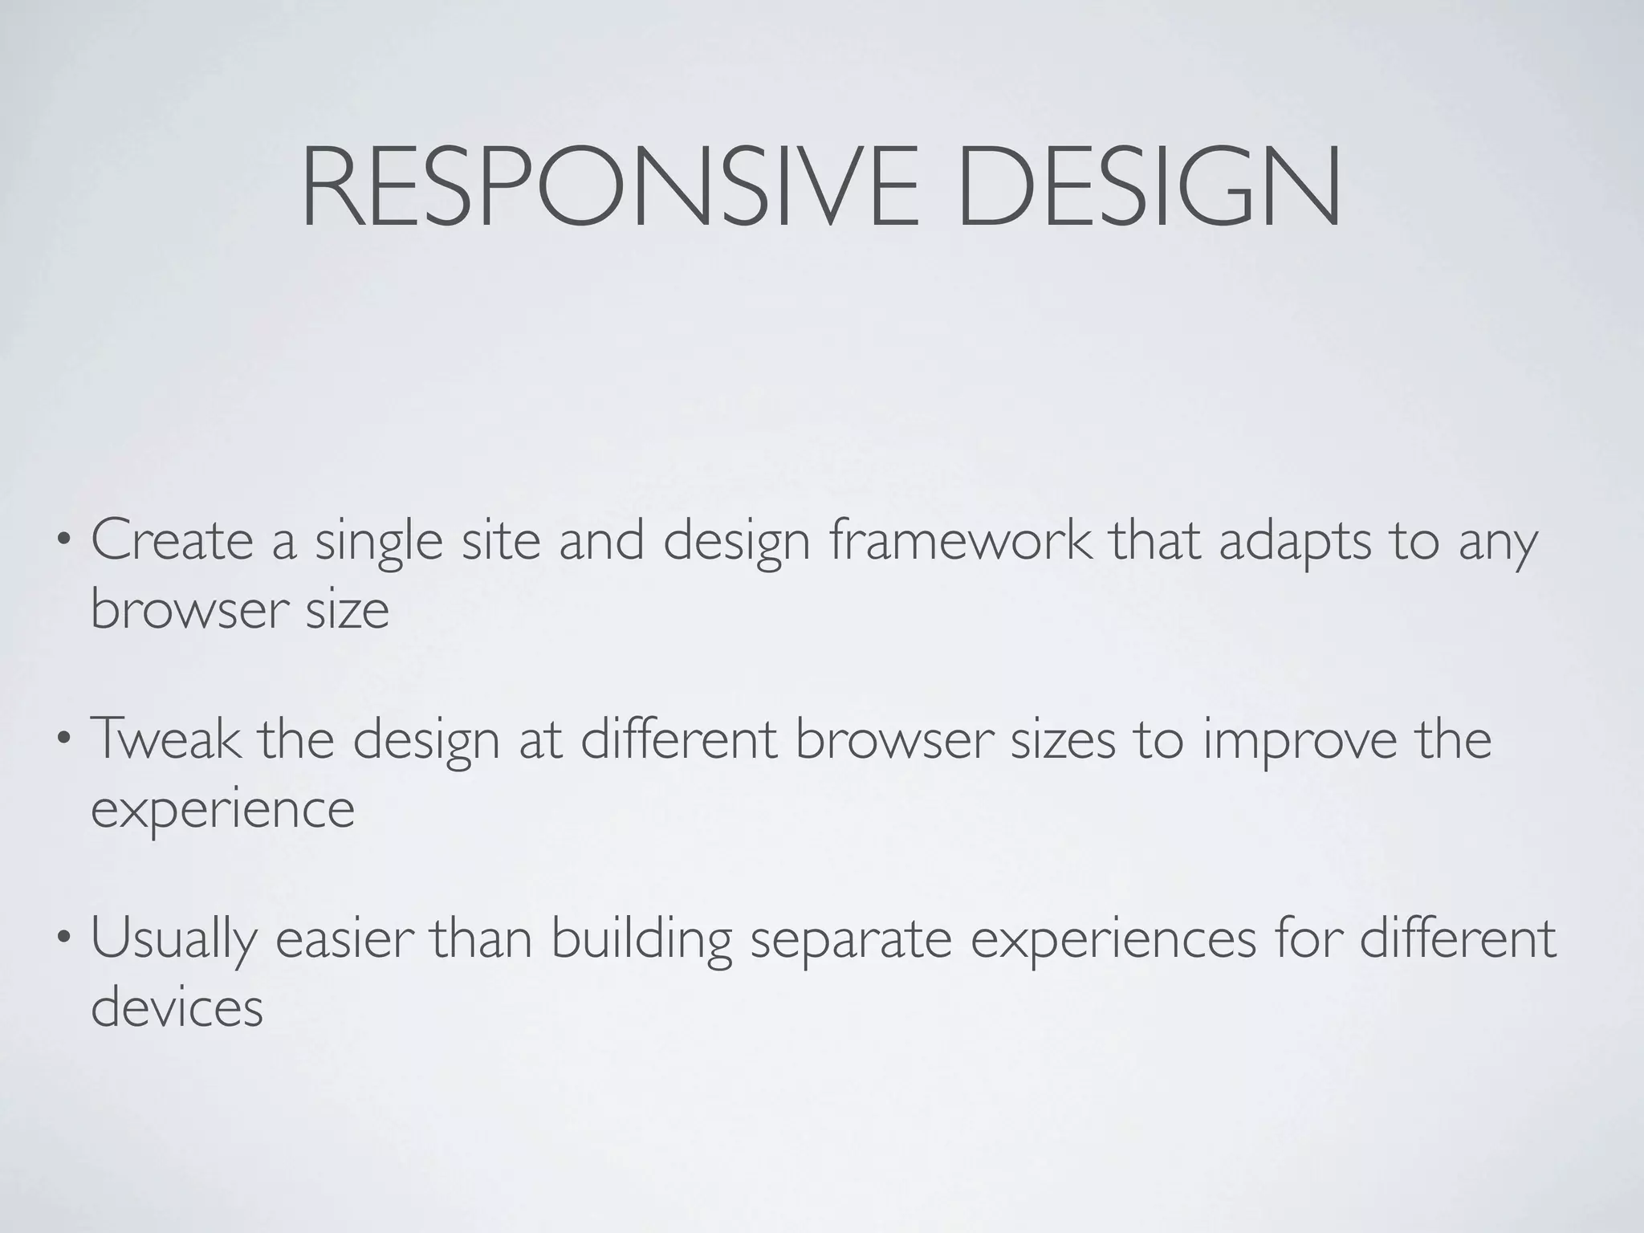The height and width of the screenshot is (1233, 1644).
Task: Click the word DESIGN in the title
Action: tap(1148, 186)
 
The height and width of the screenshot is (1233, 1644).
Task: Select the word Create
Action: tap(173, 540)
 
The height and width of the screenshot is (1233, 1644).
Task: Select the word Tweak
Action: tap(165, 739)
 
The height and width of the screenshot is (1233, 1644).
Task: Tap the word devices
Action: tap(177, 1007)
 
